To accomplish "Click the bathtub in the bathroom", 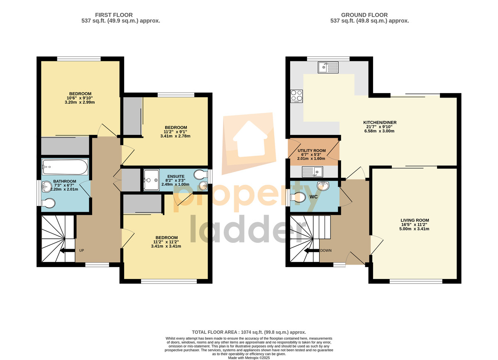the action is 65,167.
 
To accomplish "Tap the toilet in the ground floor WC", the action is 298,197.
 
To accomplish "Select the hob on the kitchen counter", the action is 297,96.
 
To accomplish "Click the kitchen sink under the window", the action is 328,67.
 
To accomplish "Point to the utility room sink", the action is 312,172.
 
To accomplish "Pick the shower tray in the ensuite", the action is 151,180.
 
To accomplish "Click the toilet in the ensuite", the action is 200,175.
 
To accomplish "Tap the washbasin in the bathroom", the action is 46,187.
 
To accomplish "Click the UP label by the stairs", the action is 82,250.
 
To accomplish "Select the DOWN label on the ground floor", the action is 326,250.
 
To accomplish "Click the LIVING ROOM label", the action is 415,220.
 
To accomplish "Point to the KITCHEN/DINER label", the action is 380,122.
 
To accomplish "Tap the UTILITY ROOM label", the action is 312,151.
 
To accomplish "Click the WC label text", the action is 313,197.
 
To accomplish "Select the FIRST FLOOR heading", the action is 114,15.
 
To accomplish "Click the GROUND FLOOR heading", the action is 364,15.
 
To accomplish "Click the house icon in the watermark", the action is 250,140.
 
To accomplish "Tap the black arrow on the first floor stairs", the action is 68,250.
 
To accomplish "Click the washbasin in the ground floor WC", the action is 323,186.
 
